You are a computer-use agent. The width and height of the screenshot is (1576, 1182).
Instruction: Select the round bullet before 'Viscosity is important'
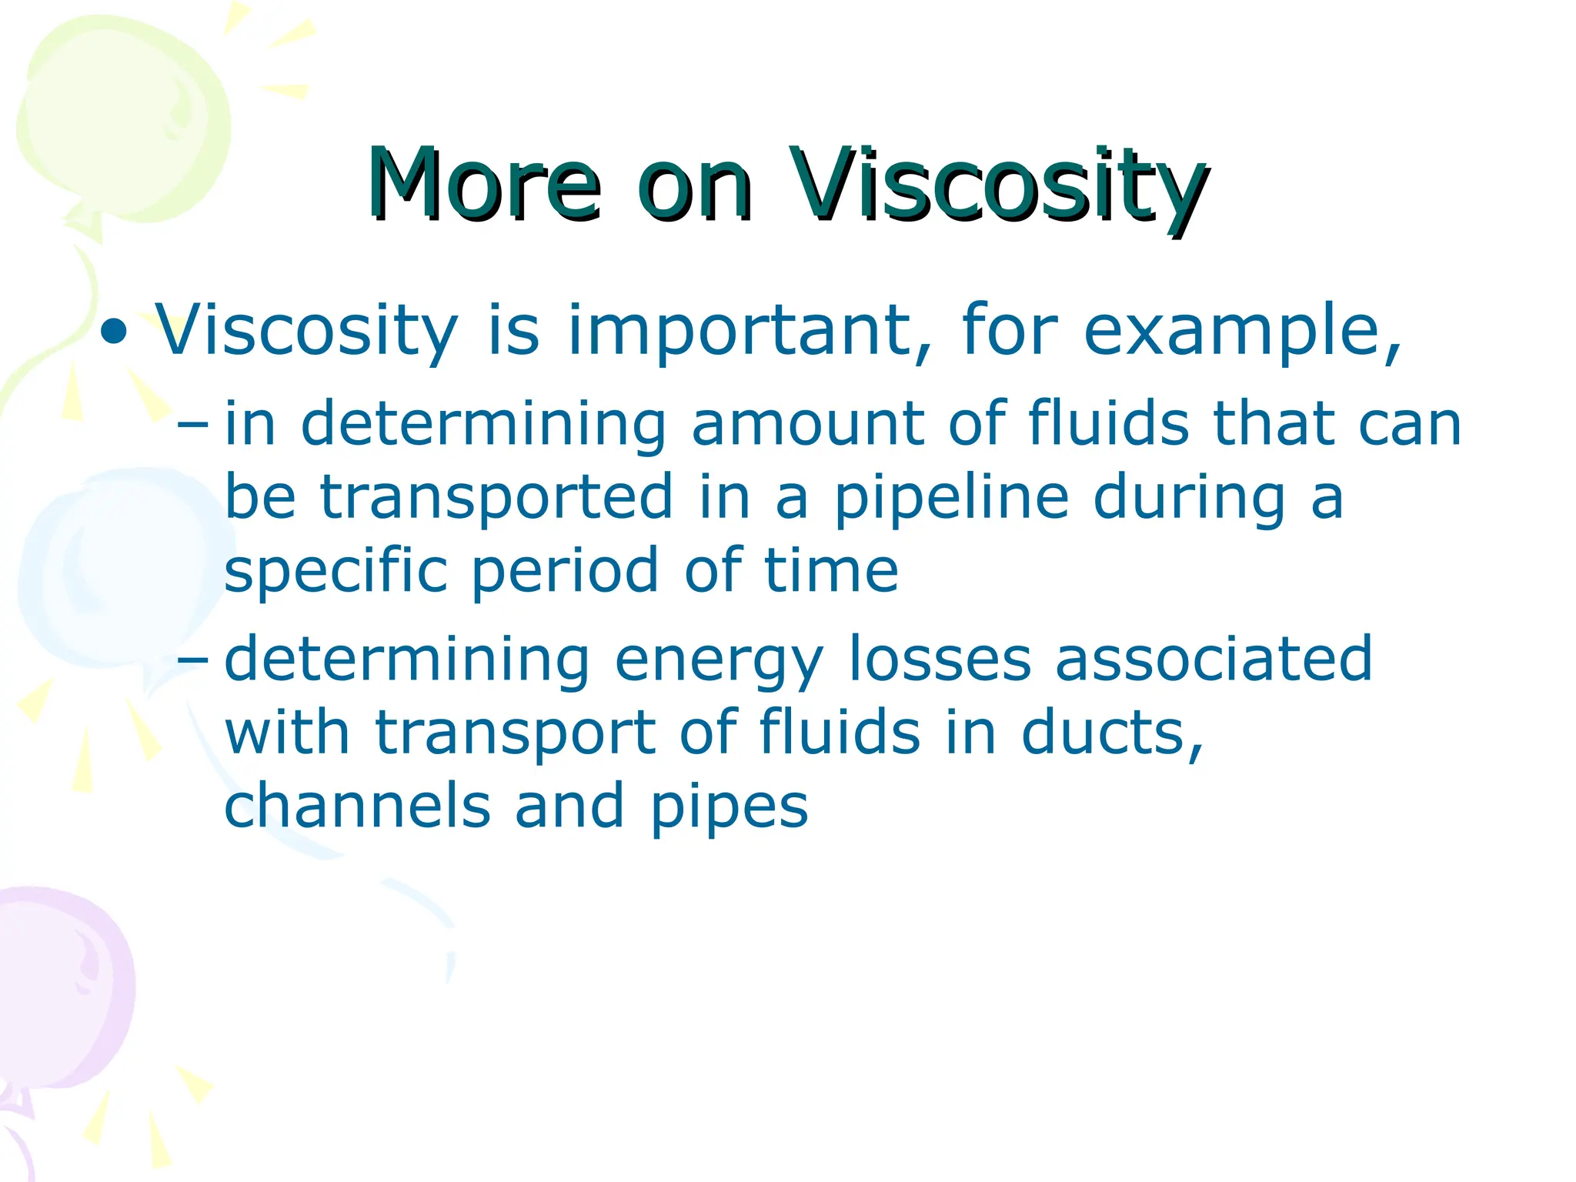pos(114,332)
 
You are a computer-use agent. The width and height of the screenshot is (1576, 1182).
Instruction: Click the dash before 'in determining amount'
pos(192,424)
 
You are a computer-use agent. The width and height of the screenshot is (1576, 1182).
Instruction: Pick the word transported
pos(497,498)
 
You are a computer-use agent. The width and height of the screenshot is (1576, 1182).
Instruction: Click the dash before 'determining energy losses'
pos(192,659)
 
